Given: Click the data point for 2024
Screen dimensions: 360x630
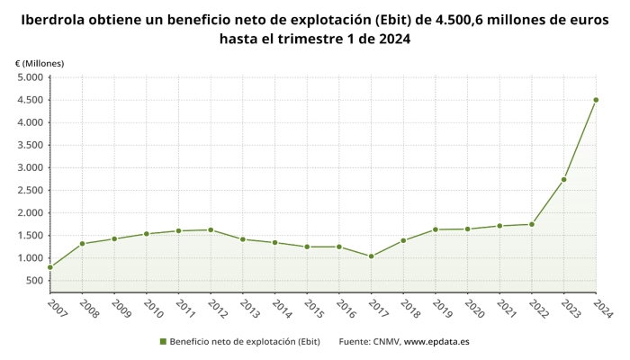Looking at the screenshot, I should pyautogui.click(x=596, y=100).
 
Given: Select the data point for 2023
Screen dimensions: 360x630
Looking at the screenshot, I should pyautogui.click(x=563, y=179).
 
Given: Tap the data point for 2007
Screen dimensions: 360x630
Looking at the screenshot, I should pyautogui.click(x=50, y=267).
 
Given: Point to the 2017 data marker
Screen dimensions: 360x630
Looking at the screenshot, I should pyautogui.click(x=371, y=256).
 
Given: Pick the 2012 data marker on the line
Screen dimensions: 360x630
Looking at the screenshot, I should pyautogui.click(x=211, y=229).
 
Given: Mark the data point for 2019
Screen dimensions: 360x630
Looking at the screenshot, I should pyautogui.click(x=436, y=229).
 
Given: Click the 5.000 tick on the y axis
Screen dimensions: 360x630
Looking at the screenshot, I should pyautogui.click(x=30, y=77).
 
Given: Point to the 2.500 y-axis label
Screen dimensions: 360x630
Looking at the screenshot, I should pyautogui.click(x=30, y=190).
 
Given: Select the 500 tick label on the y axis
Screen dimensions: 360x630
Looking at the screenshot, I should pyautogui.click(x=34, y=281).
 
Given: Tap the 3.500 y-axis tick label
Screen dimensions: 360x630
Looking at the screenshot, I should pyautogui.click(x=30, y=145).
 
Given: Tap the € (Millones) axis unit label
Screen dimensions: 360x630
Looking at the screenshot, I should pyautogui.click(x=40, y=63).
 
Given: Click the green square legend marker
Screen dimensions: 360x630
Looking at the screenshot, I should pyautogui.click(x=163, y=342).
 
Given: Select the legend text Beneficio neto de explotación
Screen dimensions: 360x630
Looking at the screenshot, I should pyautogui.click(x=245, y=342).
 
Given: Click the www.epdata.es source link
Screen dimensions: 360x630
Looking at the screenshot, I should pyautogui.click(x=436, y=342).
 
